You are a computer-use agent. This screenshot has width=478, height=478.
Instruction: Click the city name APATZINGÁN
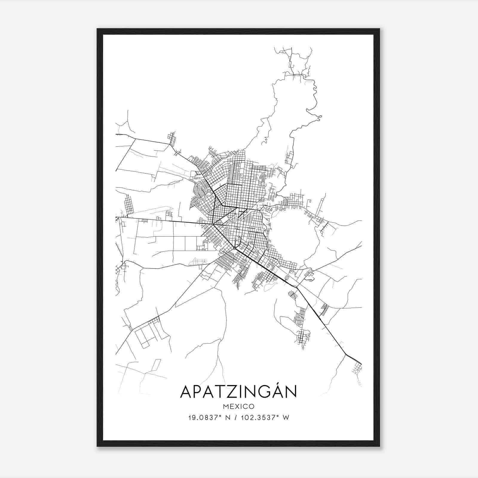click(x=238, y=392)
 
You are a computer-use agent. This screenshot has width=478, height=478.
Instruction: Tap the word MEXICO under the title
click(x=238, y=407)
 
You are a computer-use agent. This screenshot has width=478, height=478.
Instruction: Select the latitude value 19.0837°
click(x=203, y=418)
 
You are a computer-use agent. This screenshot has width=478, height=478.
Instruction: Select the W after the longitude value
click(x=286, y=418)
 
